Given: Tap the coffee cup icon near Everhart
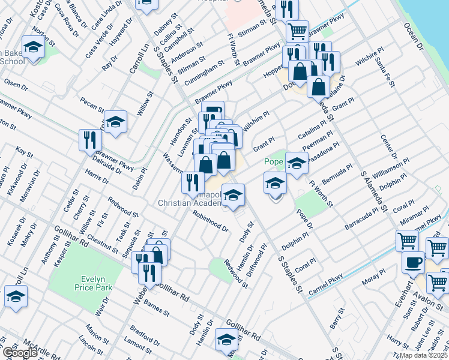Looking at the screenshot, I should [414, 262].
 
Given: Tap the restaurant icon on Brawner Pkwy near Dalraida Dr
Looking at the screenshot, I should [90, 140].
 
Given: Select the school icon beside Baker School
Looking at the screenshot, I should [33, 46].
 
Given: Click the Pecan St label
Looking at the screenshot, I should [92, 106].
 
